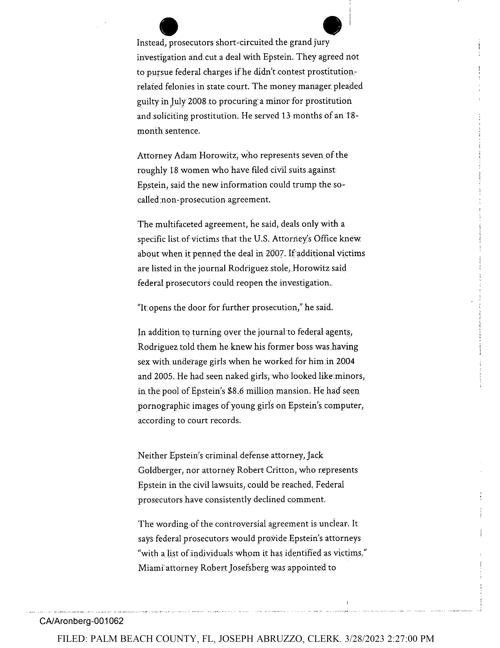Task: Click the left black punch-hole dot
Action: click(169, 26)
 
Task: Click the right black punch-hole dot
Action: click(332, 26)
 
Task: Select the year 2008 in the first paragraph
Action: click(197, 101)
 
